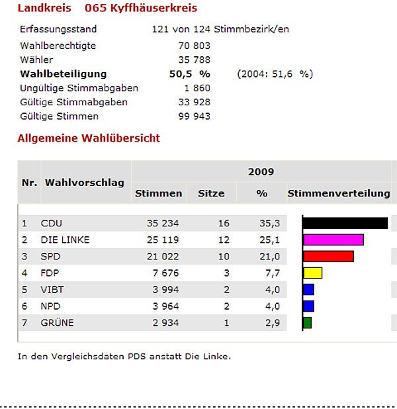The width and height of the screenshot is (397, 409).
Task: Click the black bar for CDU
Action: [345, 223]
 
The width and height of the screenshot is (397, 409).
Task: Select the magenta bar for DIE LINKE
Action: [333, 240]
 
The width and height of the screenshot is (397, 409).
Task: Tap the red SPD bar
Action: [328, 256]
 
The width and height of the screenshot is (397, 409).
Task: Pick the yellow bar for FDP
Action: [312, 273]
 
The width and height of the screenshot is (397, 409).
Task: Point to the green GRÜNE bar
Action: [307, 323]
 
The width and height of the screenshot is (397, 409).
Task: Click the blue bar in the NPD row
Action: [308, 306]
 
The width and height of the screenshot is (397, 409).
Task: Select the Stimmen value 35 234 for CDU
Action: [163, 224]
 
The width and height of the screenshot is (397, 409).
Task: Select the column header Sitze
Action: [211, 193]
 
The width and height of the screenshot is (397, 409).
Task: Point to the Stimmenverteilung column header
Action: [338, 193]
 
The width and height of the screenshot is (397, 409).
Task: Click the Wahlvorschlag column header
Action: [84, 182]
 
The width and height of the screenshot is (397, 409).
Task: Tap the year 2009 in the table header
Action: [261, 172]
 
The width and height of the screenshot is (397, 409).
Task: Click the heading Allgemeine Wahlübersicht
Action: [88, 138]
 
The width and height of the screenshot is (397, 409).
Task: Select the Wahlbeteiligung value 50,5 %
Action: [189, 74]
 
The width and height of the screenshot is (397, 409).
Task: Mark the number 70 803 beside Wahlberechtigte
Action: [194, 46]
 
